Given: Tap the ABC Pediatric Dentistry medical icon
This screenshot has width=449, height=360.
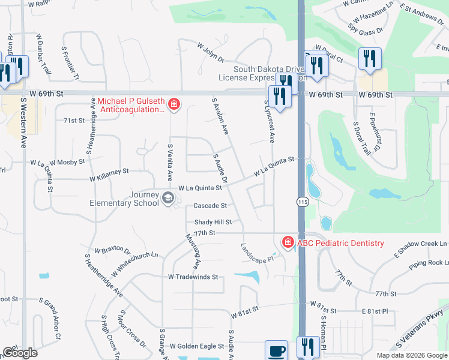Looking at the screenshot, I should click(288, 242).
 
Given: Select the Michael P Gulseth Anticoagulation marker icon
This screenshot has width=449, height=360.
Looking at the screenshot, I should click(174, 105).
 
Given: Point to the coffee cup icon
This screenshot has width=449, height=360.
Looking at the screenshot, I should click(276, 350).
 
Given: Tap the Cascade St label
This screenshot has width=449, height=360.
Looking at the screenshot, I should click(209, 206).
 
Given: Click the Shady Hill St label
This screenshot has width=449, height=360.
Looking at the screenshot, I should click(212, 221).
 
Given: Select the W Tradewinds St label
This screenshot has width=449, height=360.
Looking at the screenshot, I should click(192, 277).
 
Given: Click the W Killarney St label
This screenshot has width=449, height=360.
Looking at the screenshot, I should click(109, 175).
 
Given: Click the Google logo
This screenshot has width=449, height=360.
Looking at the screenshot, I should click(19, 353).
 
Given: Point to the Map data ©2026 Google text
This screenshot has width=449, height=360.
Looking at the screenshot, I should click(411, 355).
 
